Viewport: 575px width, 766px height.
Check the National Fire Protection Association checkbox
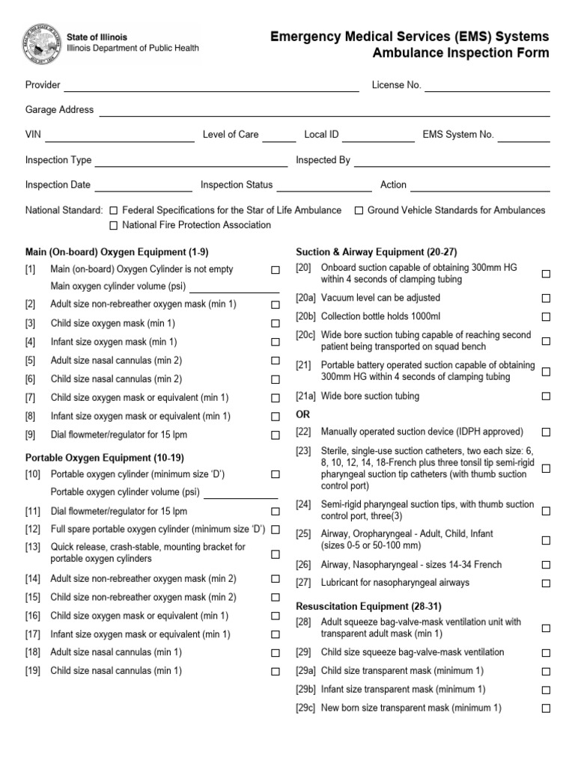coord(114,225)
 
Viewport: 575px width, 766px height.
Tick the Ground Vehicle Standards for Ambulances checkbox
coord(359,211)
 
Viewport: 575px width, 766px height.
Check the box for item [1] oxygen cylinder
coord(276,269)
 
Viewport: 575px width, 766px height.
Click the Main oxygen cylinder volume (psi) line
coord(234,289)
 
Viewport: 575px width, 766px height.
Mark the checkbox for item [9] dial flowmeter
coord(276,435)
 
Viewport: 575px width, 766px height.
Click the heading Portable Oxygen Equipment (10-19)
coord(105,457)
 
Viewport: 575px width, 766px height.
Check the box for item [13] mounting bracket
coord(276,554)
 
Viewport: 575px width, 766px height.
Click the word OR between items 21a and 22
coord(303,414)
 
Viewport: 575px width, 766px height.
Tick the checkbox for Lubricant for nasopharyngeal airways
coord(546,583)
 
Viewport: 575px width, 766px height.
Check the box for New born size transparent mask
coord(546,708)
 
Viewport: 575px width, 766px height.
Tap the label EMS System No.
coord(458,135)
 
